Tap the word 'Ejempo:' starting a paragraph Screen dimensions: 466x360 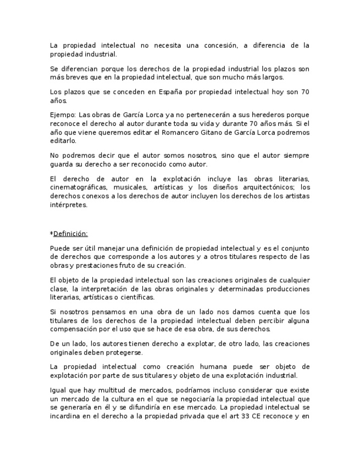coord(63,114)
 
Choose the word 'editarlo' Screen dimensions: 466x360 coord(64,141)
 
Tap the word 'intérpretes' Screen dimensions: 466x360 coord(68,206)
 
